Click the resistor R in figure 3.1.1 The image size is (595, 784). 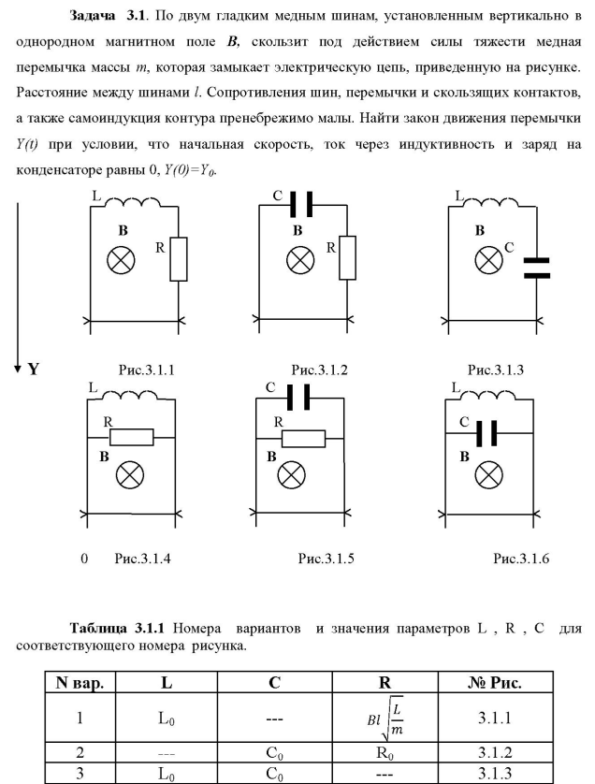click(179, 259)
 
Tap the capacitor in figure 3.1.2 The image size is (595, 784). click(302, 204)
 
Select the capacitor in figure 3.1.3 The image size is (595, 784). click(536, 268)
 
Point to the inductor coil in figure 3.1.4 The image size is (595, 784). click(129, 395)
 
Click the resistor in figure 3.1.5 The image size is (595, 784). click(303, 438)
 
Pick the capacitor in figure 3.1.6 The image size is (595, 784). click(486, 433)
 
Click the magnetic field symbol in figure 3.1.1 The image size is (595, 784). click(121, 260)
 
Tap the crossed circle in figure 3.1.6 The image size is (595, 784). click(488, 474)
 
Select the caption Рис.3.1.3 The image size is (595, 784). click(496, 370)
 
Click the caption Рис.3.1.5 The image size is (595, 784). click(326, 558)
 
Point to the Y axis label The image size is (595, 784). click(33, 370)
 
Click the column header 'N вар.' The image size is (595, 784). click(80, 683)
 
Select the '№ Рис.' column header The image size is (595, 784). click(495, 683)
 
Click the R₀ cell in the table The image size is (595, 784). click(385, 753)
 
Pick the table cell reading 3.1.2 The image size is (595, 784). click(495, 752)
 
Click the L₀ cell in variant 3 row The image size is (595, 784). click(167, 774)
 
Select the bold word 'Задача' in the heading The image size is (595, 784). click(93, 16)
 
